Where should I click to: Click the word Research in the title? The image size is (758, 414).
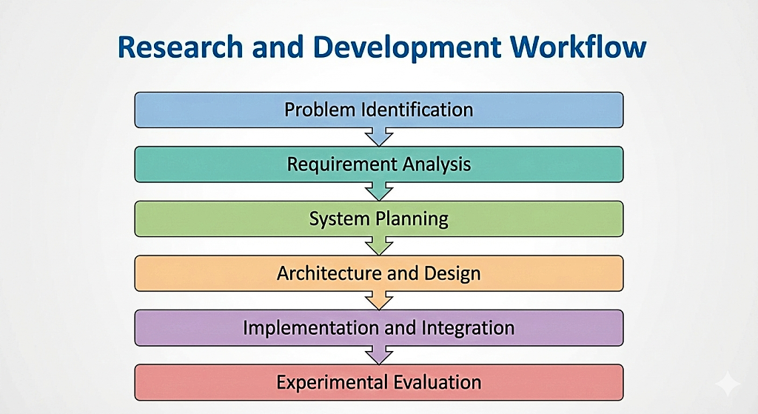180,47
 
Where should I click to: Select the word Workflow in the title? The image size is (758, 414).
578,47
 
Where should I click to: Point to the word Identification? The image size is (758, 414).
417,110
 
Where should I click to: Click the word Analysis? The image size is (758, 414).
437,164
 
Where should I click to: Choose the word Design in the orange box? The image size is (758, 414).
452,274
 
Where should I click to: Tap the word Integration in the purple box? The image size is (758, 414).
468,328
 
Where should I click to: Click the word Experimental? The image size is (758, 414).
331,383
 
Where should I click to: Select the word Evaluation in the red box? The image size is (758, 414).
437,382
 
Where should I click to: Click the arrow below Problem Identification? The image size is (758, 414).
379,137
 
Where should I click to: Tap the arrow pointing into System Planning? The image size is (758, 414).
379,192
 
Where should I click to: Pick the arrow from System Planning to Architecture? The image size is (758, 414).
379,246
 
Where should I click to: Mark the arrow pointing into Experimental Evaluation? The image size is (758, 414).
379,355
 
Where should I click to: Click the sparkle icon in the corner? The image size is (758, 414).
728,384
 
